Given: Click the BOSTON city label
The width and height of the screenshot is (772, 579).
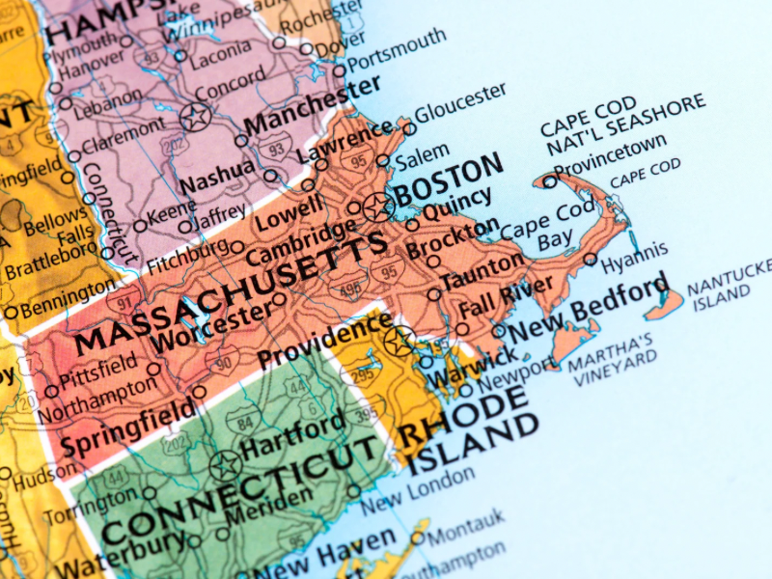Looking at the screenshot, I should (x=450, y=180).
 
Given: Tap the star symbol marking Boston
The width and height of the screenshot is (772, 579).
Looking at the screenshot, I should (x=378, y=206).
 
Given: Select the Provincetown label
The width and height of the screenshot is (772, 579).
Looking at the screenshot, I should (x=610, y=156).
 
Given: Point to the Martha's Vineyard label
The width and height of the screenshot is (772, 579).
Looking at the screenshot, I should (x=611, y=360).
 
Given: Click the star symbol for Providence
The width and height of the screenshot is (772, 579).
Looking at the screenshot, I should (x=399, y=340).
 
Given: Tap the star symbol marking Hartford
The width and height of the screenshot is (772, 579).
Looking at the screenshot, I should (x=225, y=466).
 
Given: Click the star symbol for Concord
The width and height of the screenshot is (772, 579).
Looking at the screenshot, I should (x=196, y=119).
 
